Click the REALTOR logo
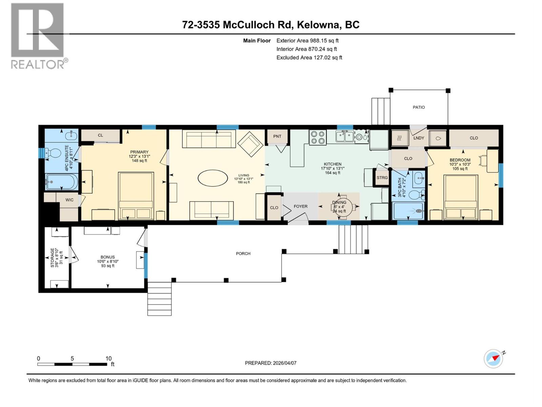(x=38, y=36)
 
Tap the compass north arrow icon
(x=494, y=358)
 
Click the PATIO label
(x=419, y=107)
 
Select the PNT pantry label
(x=277, y=136)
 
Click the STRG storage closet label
(x=382, y=178)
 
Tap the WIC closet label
(x=69, y=200)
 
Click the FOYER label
(x=300, y=206)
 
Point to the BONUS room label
(x=108, y=257)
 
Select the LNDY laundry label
(x=419, y=138)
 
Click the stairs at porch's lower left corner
(x=160, y=298)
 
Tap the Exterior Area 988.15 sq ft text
(x=307, y=40)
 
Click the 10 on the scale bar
(x=108, y=358)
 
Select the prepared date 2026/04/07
(x=284, y=363)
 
